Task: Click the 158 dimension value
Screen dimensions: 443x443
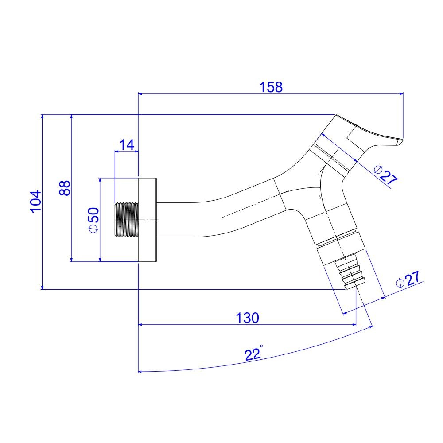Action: coord(272,87)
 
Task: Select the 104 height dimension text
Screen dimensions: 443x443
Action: coord(35,202)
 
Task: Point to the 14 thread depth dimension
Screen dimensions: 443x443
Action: coord(126,144)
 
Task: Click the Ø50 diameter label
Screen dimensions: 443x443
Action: coord(93,220)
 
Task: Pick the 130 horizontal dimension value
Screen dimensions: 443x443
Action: coord(247,318)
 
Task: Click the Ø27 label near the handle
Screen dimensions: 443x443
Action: coord(385,175)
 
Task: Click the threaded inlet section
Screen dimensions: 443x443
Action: coord(127,220)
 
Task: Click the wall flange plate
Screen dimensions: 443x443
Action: coord(148,220)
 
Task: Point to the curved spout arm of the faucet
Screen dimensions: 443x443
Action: coord(221,208)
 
